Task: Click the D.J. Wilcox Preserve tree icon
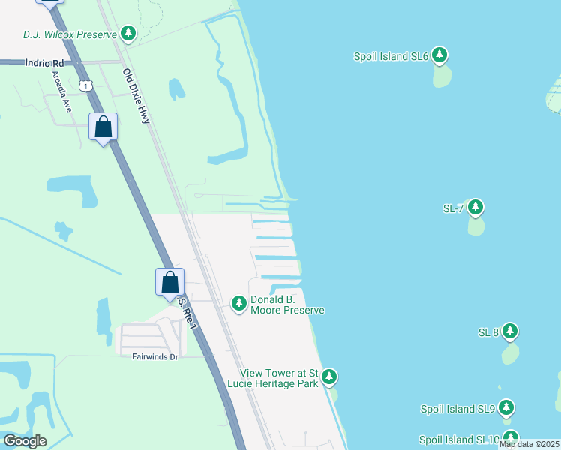click(129, 34)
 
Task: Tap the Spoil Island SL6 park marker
click(439, 55)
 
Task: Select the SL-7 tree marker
click(475, 208)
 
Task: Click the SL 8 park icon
click(510, 331)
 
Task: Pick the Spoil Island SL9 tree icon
click(507, 408)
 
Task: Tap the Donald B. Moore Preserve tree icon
click(238, 304)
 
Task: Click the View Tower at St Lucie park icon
click(329, 377)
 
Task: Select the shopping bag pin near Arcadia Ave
click(103, 127)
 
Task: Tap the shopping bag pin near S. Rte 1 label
click(170, 282)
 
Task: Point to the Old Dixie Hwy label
click(138, 95)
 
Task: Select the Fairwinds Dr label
click(155, 357)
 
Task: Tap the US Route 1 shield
click(87, 85)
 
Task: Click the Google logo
click(25, 441)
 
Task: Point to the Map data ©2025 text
click(529, 445)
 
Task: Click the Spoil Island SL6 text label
click(391, 56)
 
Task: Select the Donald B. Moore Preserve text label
click(287, 304)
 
